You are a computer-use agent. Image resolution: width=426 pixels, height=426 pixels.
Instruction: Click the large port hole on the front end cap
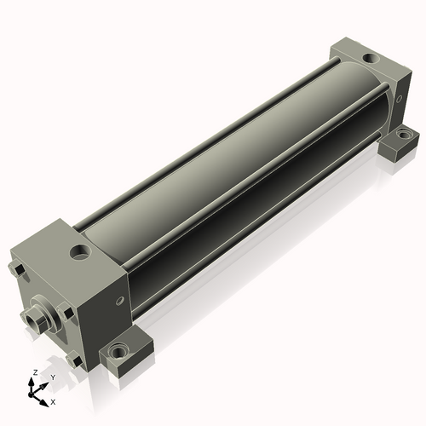[x=81, y=252]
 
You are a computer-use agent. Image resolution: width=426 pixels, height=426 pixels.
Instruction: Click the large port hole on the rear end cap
[x=371, y=59]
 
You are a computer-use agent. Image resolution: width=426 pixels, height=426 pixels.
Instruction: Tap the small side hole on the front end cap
[x=120, y=301]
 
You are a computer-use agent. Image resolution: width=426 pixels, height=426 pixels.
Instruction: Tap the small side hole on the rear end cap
[x=399, y=99]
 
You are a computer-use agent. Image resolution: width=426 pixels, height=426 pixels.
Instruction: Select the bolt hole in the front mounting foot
[x=117, y=353]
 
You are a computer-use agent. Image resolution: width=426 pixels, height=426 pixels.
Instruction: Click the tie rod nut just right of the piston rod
[x=66, y=311]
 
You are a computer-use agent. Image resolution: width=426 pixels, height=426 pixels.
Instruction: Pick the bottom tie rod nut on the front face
[x=74, y=360]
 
